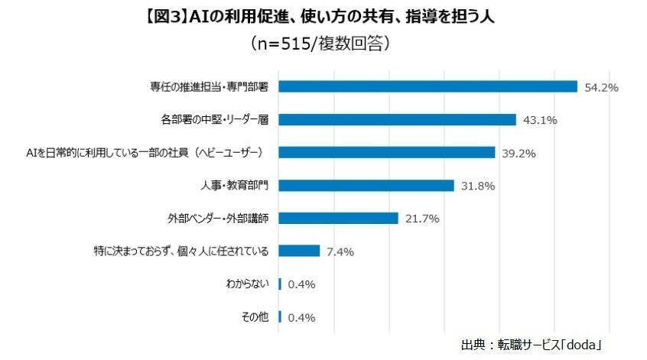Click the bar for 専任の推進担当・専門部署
pos(428,86)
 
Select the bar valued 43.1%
pos(397,119)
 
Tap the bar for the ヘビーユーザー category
pos(386,152)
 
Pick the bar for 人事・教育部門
pos(366,185)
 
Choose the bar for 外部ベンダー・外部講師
pos(338,218)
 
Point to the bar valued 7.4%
pos(299,251)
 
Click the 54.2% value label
pos(601,87)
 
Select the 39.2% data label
pos(519,153)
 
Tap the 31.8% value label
pos(478,186)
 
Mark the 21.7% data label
pos(421,219)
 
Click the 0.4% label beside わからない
pos(301,284)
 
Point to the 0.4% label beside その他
pos(301,317)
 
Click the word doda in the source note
pos(580,345)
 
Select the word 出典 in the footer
pos(475,345)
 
